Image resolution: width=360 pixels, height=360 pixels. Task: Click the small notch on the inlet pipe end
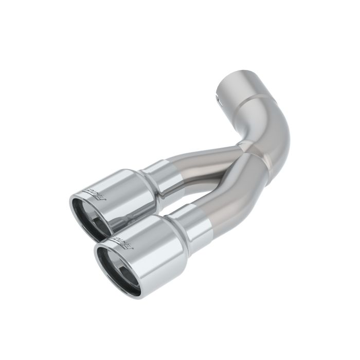point(217,96)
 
